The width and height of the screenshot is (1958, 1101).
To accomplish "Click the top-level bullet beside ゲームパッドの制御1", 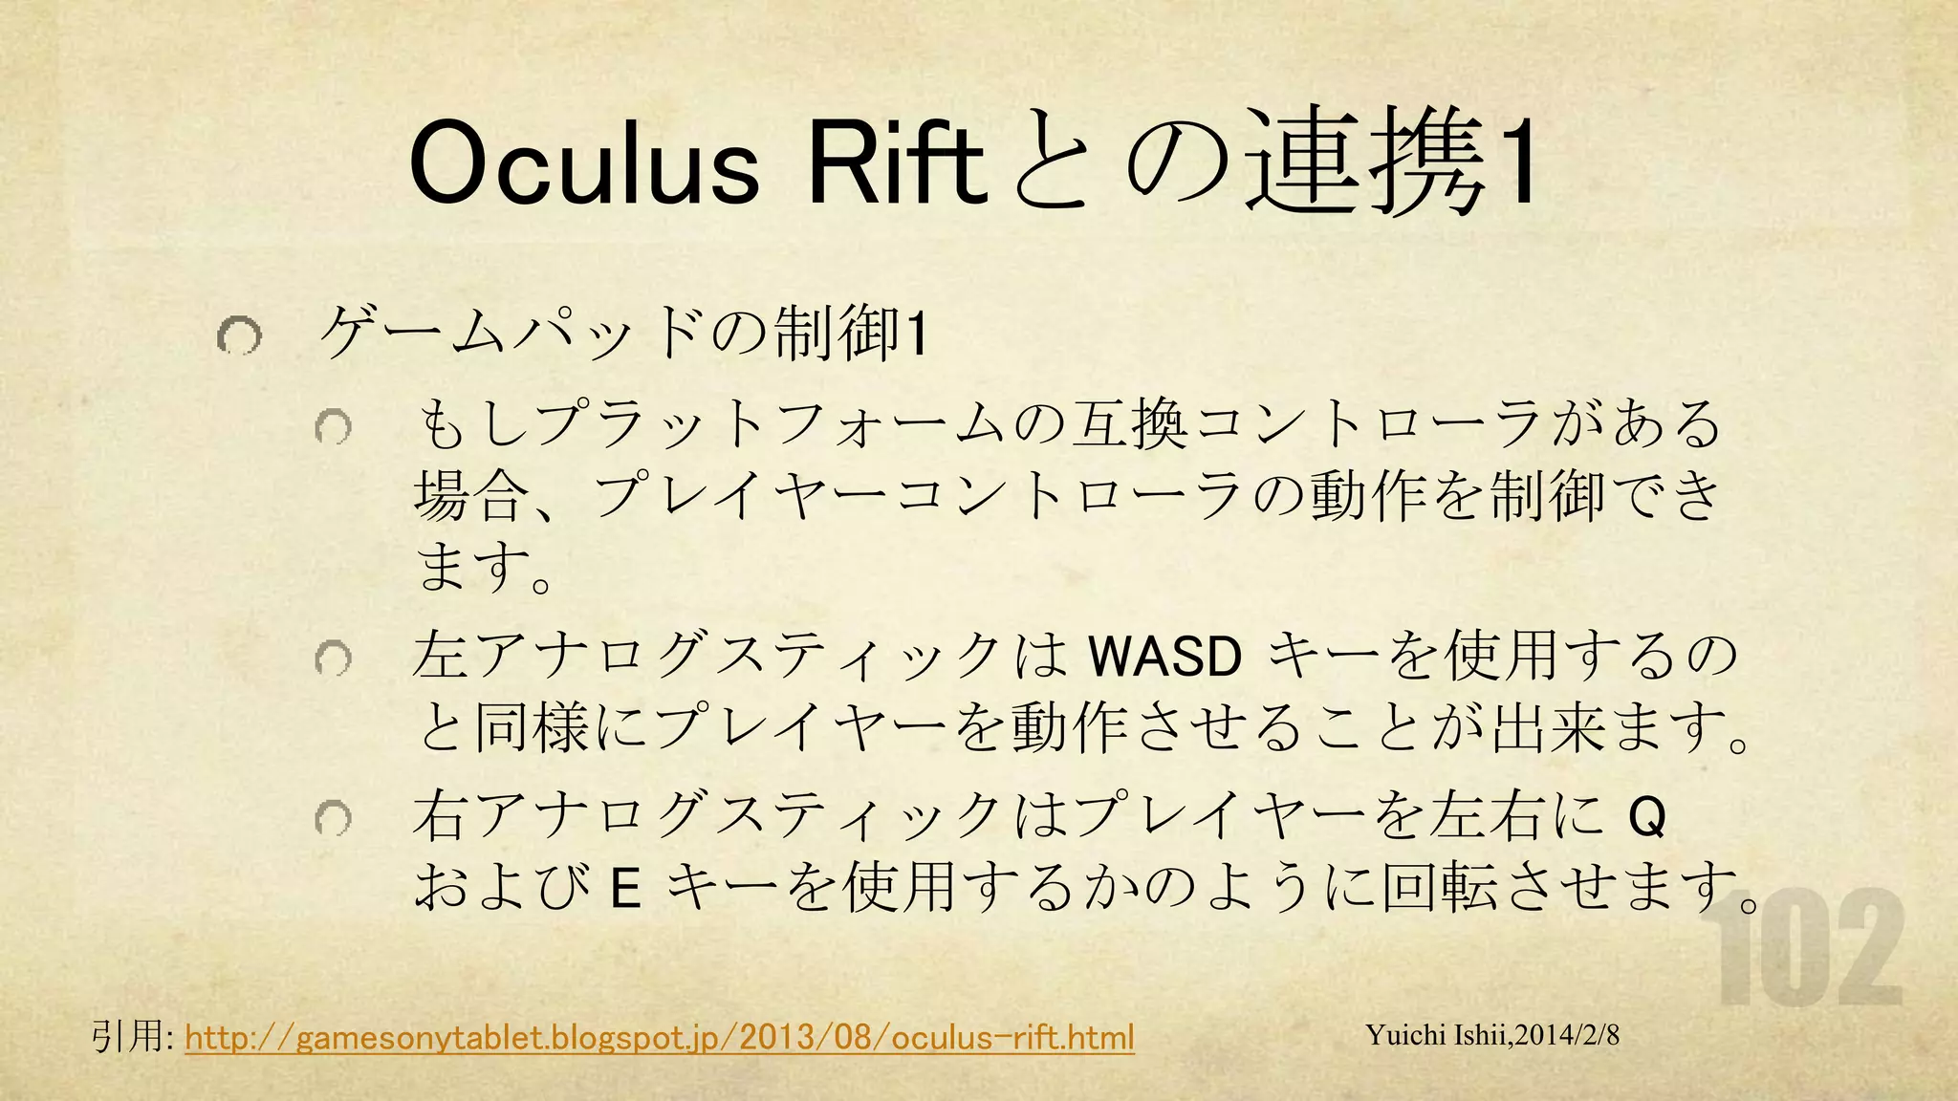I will tap(238, 335).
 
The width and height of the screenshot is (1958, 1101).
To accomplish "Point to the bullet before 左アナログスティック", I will tap(334, 658).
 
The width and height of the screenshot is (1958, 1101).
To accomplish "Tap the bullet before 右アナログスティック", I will tap(334, 818).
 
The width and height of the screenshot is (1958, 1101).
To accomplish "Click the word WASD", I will tap(1164, 658).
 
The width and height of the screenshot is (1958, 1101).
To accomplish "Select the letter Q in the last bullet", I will tap(1646, 818).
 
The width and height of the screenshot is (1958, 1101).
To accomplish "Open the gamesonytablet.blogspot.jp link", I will tap(660, 1037).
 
